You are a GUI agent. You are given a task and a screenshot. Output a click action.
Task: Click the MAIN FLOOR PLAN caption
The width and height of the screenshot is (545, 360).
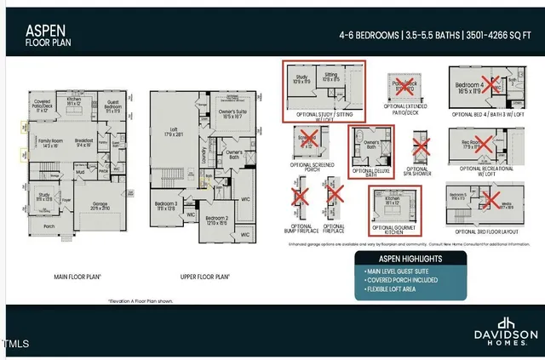[78, 277]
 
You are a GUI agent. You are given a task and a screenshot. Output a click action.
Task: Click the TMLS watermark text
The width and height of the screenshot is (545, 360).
[15, 345]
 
